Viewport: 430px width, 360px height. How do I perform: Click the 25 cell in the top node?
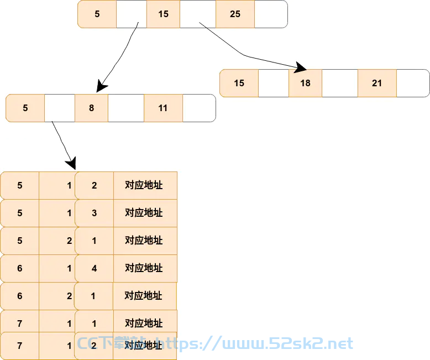coord(235,14)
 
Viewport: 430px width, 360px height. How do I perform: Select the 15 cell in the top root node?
coord(163,14)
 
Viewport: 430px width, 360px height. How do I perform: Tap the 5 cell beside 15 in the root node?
coord(97,14)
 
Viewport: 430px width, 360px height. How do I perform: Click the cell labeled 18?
coord(305,83)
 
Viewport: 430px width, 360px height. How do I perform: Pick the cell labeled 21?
coord(377,83)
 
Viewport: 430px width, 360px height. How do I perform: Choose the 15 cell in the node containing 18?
coord(239,83)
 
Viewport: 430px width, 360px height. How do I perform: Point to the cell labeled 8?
coord(91,108)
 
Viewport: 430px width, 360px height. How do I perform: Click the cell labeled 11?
coord(163,108)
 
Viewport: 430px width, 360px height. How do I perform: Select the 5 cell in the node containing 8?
coord(25,108)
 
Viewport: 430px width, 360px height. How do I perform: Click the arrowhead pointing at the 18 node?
coord(301,67)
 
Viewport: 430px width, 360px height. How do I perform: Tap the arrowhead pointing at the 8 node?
coord(102,86)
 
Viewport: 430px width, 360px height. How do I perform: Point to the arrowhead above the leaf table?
coord(71,164)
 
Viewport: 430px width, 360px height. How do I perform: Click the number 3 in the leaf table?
coord(94,213)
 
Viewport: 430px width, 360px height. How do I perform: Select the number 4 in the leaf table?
coord(94,268)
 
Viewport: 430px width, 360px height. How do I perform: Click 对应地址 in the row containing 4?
coord(144,268)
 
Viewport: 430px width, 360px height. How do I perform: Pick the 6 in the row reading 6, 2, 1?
coord(20,296)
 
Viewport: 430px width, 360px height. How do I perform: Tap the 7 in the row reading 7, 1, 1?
coord(20,324)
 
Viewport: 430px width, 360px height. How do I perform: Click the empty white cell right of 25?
coord(271,14)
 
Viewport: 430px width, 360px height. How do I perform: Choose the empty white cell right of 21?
coord(413,83)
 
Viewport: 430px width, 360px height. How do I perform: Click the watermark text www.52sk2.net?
coord(287,344)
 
